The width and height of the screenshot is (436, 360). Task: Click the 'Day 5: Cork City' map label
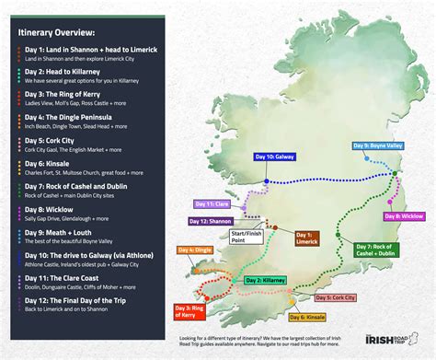coord(334,297)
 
